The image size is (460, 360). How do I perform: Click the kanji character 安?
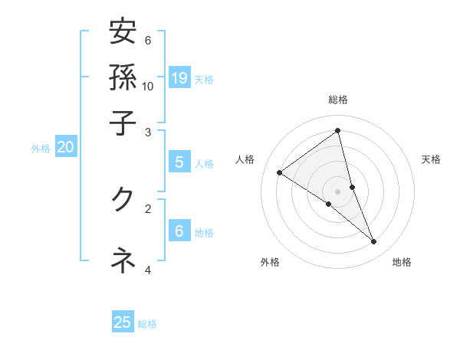click(123, 33)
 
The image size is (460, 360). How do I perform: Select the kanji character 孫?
click(123, 77)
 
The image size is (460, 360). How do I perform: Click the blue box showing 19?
click(179, 78)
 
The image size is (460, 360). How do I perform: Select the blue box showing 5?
click(179, 162)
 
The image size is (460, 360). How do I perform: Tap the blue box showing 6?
click(179, 231)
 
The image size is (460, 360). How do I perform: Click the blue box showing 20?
click(66, 148)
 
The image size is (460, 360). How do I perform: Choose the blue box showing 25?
click(123, 322)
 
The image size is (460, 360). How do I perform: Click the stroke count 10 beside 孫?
click(148, 85)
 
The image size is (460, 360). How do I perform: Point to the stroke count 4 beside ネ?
click(148, 269)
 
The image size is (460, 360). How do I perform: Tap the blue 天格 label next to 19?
click(204, 79)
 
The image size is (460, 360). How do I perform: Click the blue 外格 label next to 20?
click(41, 149)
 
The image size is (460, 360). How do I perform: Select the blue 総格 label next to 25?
click(147, 323)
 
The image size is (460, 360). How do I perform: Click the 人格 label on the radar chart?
click(245, 159)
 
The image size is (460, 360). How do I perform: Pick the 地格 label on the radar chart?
click(402, 263)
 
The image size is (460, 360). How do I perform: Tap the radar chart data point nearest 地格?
click(374, 242)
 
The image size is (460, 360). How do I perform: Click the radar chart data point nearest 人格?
click(280, 172)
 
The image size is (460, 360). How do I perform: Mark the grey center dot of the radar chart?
click(338, 191)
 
